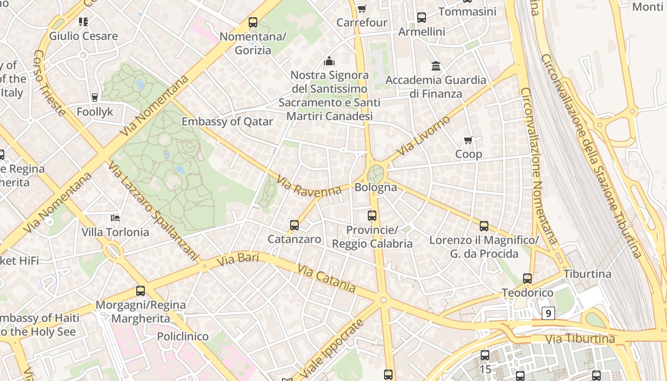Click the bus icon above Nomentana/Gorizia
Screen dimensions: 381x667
pyautogui.click(x=253, y=22)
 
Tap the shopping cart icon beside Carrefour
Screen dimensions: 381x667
pyautogui.click(x=362, y=9)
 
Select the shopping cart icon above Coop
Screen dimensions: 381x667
pyautogui.click(x=468, y=140)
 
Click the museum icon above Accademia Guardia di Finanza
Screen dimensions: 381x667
pyautogui.click(x=436, y=66)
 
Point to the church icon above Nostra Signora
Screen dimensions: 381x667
pyautogui.click(x=329, y=61)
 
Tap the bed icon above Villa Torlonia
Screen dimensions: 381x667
pyautogui.click(x=115, y=218)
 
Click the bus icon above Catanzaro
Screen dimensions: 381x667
pyautogui.click(x=294, y=225)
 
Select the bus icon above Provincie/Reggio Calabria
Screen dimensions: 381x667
pyautogui.click(x=372, y=216)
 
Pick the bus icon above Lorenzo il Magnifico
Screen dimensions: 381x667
pyautogui.click(x=484, y=226)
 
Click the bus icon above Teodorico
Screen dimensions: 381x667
pyautogui.click(x=527, y=279)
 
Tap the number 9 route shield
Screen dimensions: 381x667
pyautogui.click(x=549, y=313)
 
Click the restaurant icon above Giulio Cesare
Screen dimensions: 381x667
pyautogui.click(x=83, y=21)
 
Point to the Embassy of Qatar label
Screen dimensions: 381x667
pyautogui.click(x=227, y=121)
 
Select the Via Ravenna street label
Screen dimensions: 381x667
pyautogui.click(x=309, y=186)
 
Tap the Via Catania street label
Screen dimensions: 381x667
pyautogui.click(x=326, y=279)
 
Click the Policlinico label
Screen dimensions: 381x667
pyautogui.click(x=183, y=336)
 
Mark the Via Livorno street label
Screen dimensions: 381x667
pyautogui.click(x=424, y=136)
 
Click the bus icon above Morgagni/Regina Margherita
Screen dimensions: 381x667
pyautogui.click(x=141, y=291)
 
